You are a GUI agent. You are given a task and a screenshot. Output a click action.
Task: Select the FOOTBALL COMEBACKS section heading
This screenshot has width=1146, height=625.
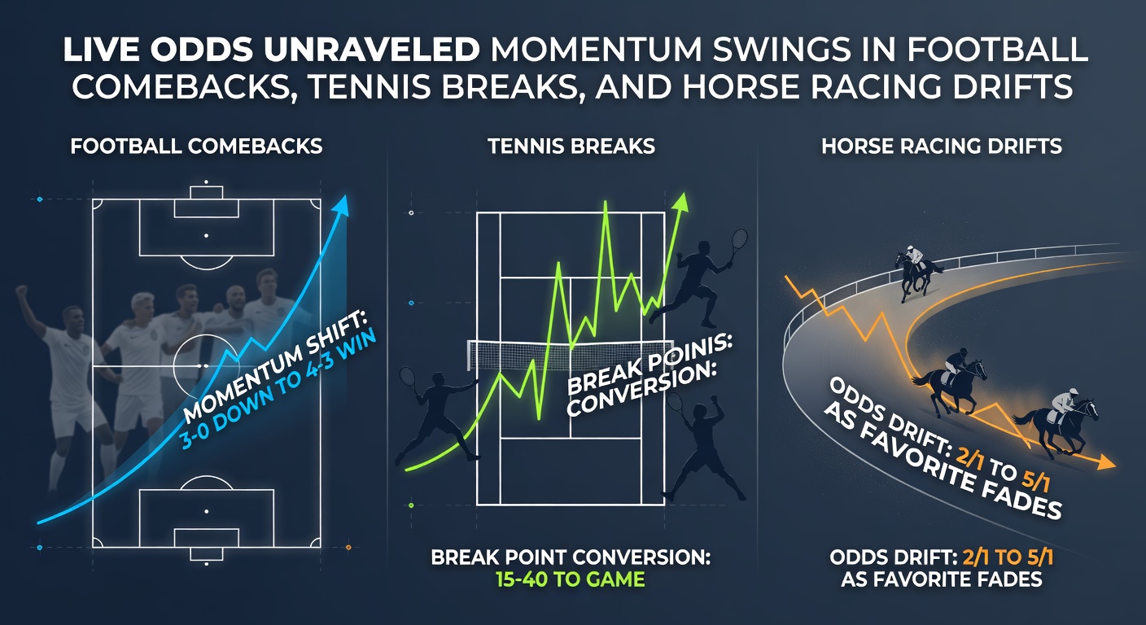[x=196, y=147]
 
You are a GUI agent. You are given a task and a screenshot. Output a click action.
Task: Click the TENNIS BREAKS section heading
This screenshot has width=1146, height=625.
[x=571, y=147]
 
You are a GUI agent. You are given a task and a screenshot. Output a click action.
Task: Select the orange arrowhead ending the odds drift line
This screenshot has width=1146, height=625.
[x=1105, y=464]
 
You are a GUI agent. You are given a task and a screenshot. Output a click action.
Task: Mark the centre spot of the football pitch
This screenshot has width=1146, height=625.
[x=206, y=366]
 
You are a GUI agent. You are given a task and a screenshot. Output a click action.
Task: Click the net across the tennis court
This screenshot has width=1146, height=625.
[x=570, y=352]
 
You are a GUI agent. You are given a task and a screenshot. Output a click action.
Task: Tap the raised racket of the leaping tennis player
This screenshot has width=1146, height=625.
[x=738, y=239]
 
